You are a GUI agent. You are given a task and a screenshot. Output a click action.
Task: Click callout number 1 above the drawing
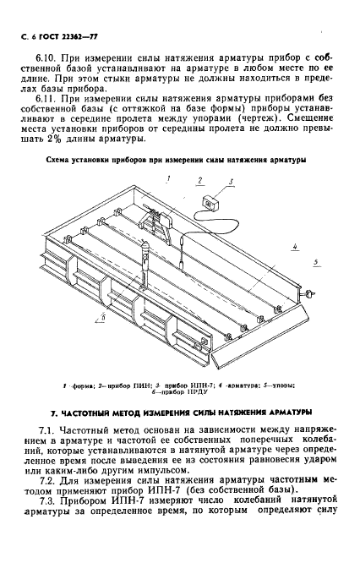tap(168, 179)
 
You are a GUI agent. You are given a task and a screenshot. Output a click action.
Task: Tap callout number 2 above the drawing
tap(199, 180)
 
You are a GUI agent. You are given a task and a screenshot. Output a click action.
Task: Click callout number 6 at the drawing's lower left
tap(104, 317)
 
